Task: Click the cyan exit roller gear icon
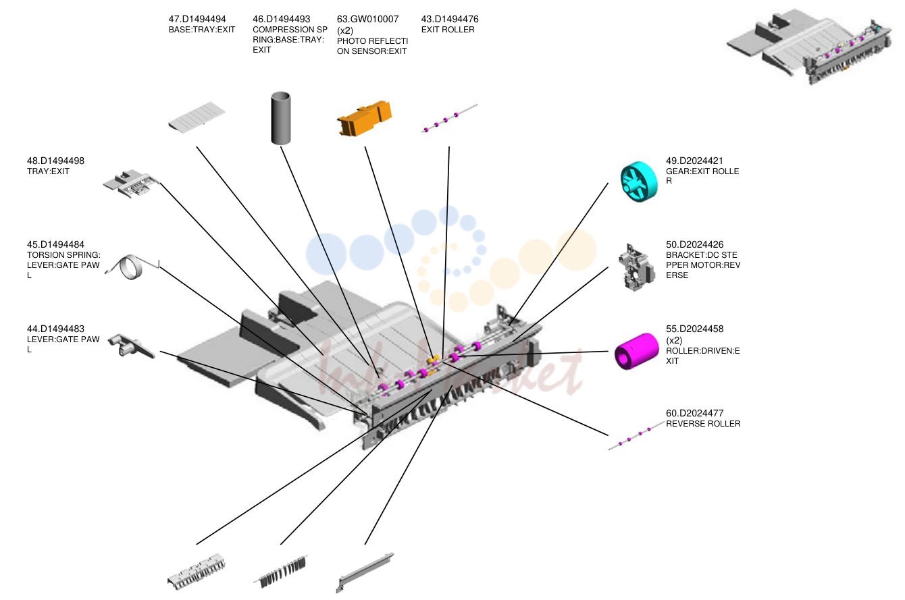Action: pyautogui.click(x=639, y=182)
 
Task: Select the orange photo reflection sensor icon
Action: pyautogui.click(x=365, y=118)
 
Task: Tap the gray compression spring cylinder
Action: pyautogui.click(x=281, y=118)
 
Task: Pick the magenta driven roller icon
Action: pyautogui.click(x=636, y=351)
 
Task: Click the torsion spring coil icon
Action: pyautogui.click(x=131, y=267)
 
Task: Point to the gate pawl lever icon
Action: pyautogui.click(x=131, y=346)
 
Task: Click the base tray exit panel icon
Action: pyautogui.click(x=197, y=117)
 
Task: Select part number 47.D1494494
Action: pyautogui.click(x=197, y=19)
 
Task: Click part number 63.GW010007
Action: pyautogui.click(x=367, y=19)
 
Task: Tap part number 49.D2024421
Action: pyautogui.click(x=694, y=161)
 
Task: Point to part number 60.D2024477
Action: pyautogui.click(x=694, y=413)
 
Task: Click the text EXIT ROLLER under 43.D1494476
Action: pyautogui.click(x=448, y=30)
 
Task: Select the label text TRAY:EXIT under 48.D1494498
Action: pyautogui.click(x=48, y=171)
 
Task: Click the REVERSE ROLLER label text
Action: pyautogui.click(x=703, y=424)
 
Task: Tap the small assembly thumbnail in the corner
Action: pyautogui.click(x=809, y=47)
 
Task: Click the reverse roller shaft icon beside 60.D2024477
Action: pyautogui.click(x=637, y=435)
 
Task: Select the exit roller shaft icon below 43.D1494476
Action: pyautogui.click(x=449, y=118)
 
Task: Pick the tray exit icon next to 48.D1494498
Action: pyautogui.click(x=130, y=184)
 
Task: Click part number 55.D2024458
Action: pyautogui.click(x=694, y=329)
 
